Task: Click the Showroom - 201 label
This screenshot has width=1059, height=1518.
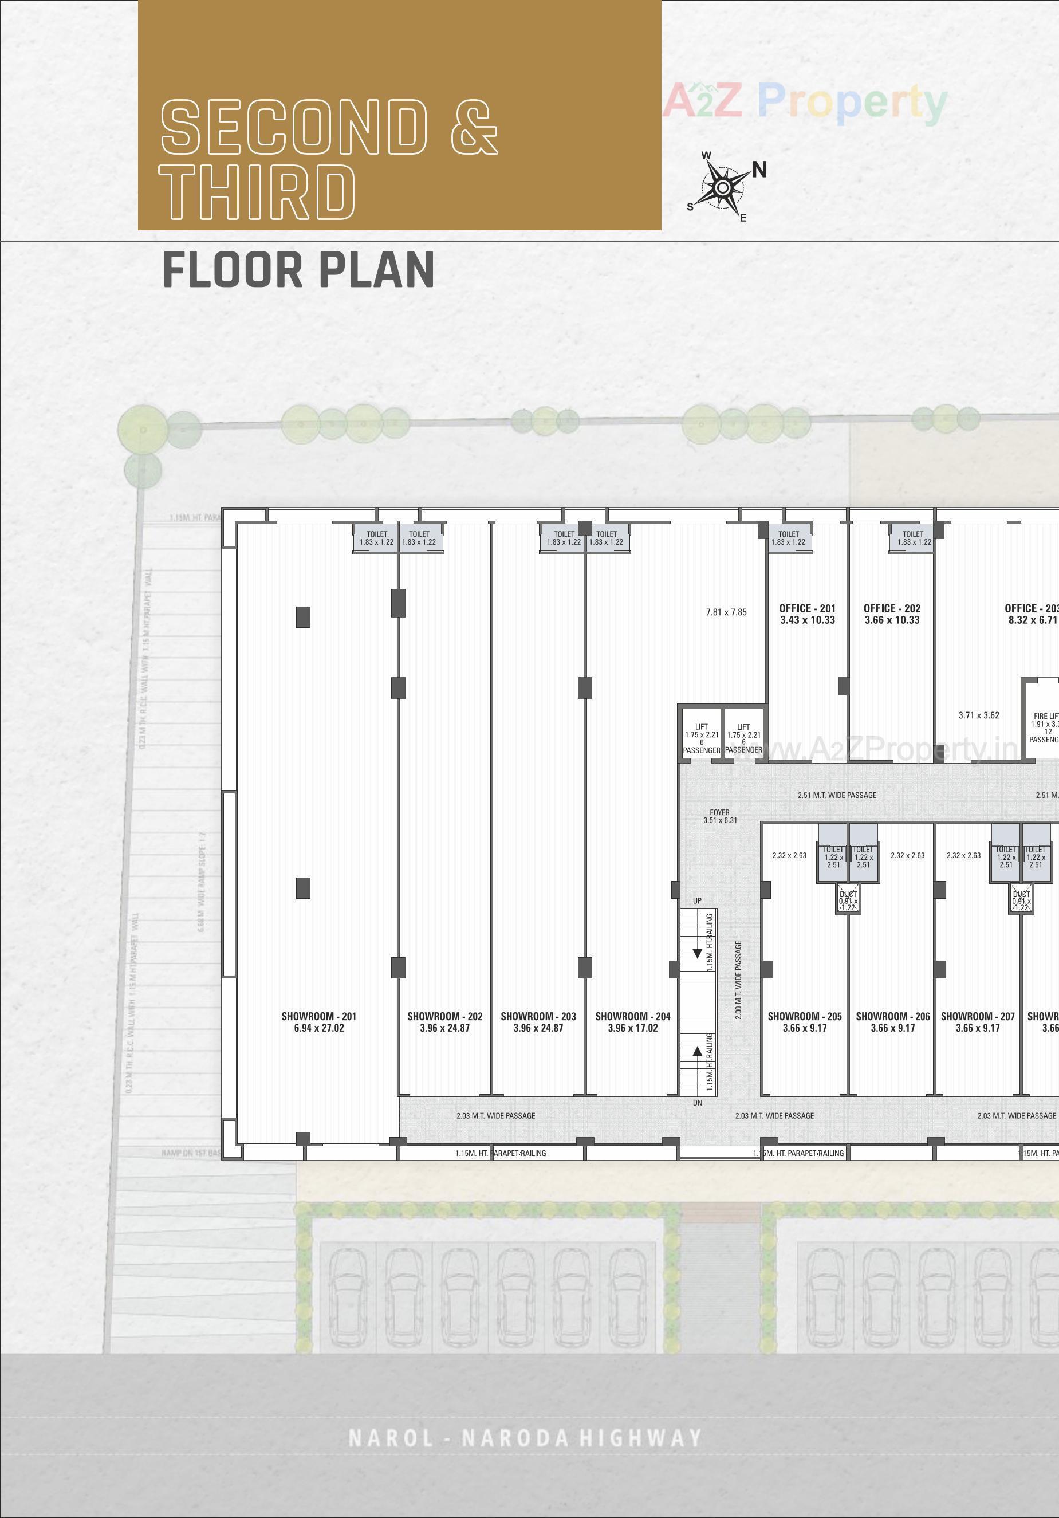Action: [x=318, y=1021]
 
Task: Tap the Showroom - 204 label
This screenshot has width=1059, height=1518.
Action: [x=633, y=1021]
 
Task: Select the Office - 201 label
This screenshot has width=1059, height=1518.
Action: [x=807, y=614]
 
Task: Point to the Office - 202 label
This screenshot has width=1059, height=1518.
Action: [x=892, y=614]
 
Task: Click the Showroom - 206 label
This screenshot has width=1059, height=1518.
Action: [x=892, y=1021]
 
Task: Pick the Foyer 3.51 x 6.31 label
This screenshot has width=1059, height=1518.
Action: [x=720, y=816]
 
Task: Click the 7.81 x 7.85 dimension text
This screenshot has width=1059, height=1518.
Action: [x=726, y=612]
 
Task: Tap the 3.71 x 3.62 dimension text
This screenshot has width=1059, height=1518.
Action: [x=978, y=715]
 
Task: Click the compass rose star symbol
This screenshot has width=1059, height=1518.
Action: [x=723, y=188]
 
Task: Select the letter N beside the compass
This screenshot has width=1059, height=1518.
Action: [x=759, y=170]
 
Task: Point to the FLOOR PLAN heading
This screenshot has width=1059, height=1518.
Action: [x=298, y=270]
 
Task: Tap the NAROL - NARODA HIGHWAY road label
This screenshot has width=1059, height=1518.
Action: [x=524, y=1438]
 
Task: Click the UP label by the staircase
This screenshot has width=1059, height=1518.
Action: [x=697, y=900]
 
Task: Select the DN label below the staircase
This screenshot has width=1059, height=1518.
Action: [x=698, y=1103]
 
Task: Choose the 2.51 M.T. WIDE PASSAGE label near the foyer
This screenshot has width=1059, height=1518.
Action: [x=836, y=795]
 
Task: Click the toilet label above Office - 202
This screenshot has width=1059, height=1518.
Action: [x=913, y=537]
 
